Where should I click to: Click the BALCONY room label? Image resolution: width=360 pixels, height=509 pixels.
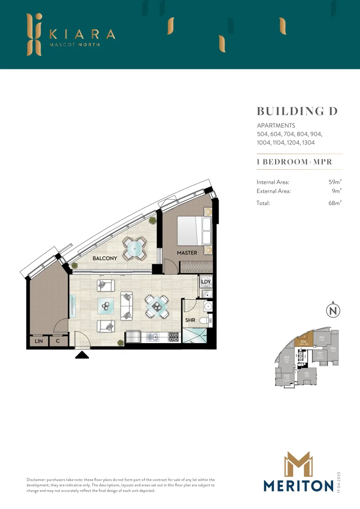tap(105, 258)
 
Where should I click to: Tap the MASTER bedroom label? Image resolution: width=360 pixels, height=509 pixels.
tap(187, 253)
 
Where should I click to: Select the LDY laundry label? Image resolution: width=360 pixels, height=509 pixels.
tap(205, 282)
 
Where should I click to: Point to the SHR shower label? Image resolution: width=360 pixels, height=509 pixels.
tap(190, 321)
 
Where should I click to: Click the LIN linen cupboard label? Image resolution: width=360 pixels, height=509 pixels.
tap(38, 341)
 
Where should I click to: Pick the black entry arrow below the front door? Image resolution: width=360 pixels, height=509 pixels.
tap(82, 354)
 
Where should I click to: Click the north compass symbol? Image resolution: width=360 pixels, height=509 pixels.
tap(333, 311)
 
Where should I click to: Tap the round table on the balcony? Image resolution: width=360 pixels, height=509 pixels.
tap(134, 247)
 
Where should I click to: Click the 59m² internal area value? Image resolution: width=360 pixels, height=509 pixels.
tap(335, 181)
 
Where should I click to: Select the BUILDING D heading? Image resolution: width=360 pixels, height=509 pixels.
tap(297, 111)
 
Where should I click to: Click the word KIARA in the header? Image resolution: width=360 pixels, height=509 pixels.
tap(82, 34)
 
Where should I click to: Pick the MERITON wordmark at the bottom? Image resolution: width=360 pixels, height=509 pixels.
tap(299, 485)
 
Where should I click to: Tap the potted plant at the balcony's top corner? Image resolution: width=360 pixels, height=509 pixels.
tap(152, 221)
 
